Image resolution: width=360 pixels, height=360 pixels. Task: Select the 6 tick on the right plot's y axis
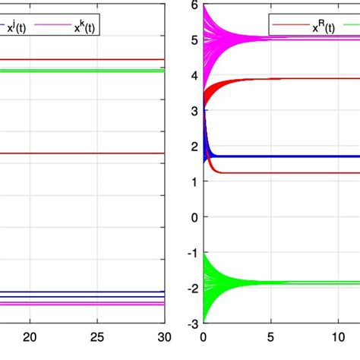(194, 5)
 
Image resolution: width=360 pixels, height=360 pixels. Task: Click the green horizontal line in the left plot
(84, 71)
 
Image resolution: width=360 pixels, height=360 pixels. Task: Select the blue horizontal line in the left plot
(84, 292)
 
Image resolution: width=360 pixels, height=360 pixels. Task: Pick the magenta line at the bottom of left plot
(84, 304)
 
